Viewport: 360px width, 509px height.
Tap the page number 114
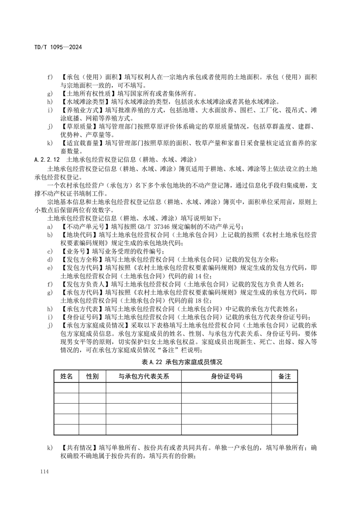44,473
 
